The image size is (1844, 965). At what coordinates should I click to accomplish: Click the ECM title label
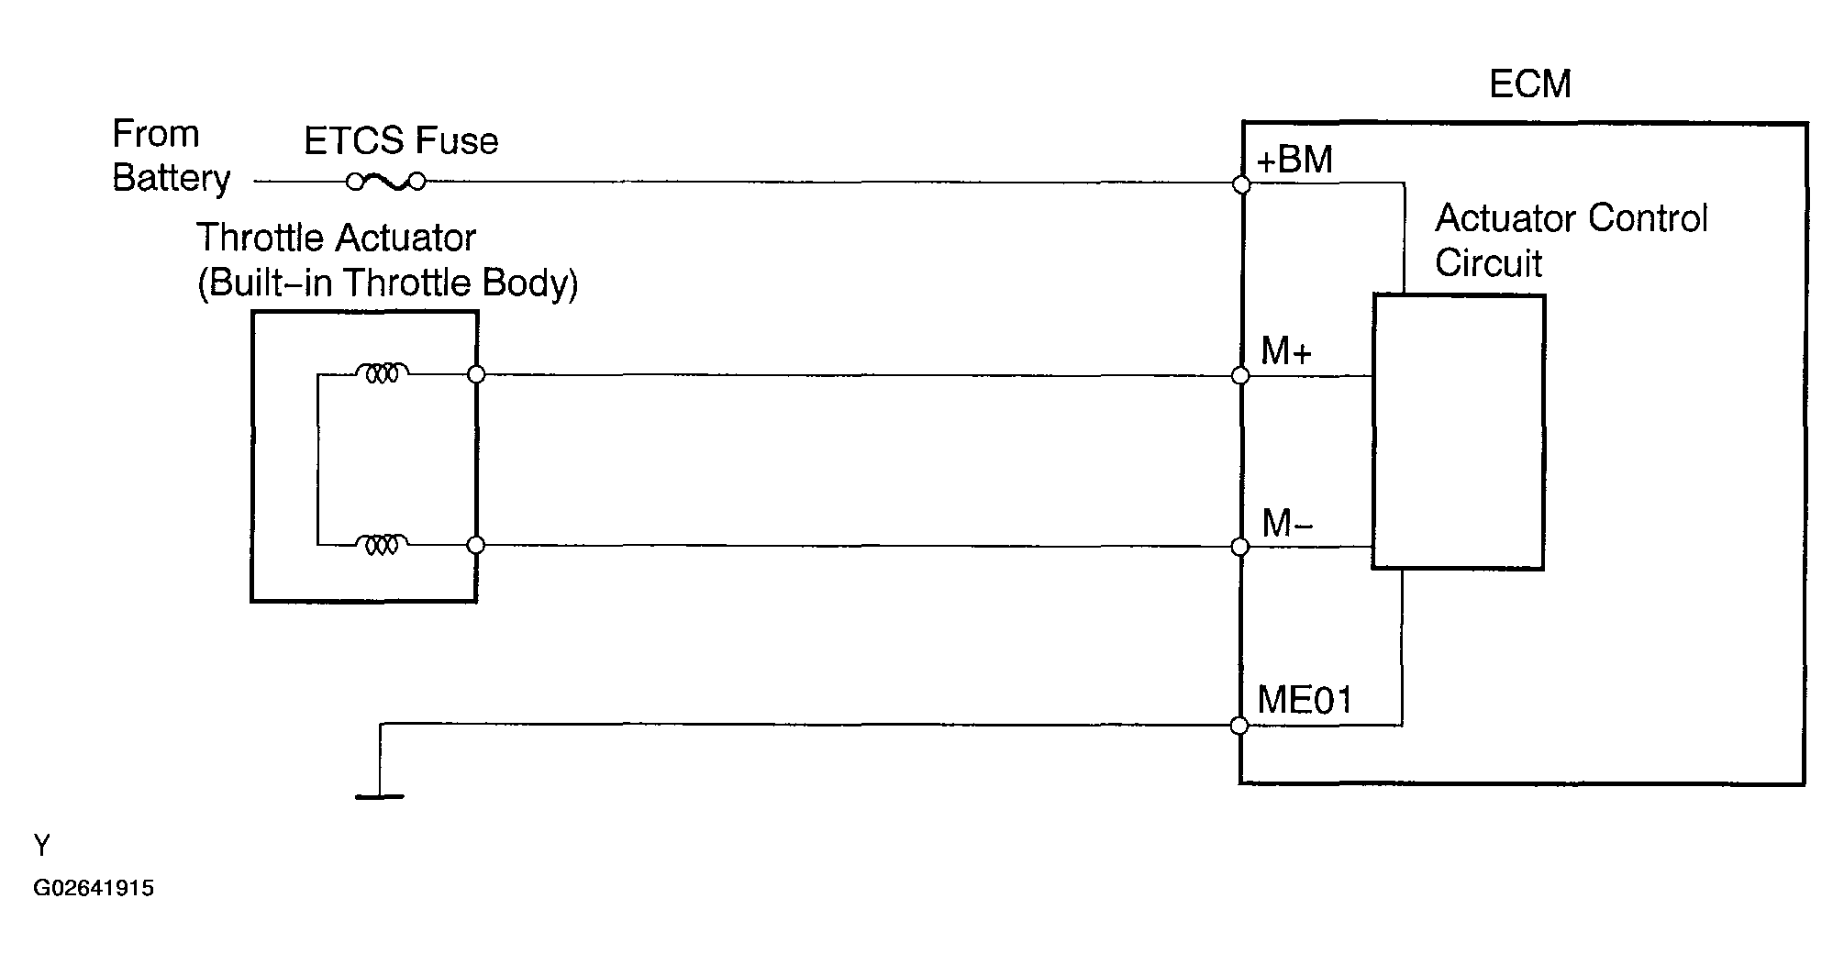(x=1529, y=84)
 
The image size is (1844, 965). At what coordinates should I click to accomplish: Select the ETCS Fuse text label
(x=401, y=141)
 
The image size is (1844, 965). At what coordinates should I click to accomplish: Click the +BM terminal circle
(x=1242, y=184)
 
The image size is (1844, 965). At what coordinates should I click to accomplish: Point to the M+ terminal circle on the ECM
(x=1241, y=375)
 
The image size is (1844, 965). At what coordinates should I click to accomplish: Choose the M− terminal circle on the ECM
(x=1241, y=547)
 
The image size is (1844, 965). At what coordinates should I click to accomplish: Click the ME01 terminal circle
(x=1240, y=726)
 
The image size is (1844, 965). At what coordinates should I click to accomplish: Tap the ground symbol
(x=379, y=795)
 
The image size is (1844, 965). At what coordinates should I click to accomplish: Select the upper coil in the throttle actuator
(x=382, y=373)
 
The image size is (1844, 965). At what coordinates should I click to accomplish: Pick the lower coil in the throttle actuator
(x=382, y=545)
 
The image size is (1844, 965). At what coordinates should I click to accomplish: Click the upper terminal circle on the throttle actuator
(x=476, y=374)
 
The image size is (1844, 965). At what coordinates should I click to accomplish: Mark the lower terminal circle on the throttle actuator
(x=475, y=545)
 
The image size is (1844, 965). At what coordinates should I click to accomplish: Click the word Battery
(x=172, y=178)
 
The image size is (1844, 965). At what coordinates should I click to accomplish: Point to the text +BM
(x=1294, y=161)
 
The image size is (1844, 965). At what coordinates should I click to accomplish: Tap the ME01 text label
(x=1305, y=701)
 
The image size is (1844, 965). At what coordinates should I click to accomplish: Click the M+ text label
(x=1286, y=351)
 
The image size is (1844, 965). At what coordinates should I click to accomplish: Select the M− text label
(x=1287, y=524)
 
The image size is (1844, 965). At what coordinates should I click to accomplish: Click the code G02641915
(x=94, y=888)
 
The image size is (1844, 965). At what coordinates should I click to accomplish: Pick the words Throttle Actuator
(x=336, y=238)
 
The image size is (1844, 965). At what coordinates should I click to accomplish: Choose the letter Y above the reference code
(x=42, y=845)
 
